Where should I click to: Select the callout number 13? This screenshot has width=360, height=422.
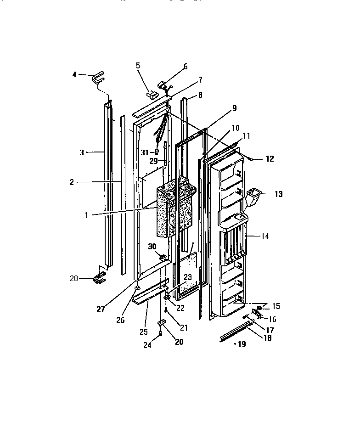pyautogui.click(x=279, y=194)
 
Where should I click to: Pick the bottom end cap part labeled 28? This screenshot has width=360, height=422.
pyautogui.click(x=99, y=277)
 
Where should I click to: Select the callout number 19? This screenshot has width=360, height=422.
pyautogui.click(x=241, y=344)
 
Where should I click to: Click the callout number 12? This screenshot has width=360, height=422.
pyautogui.click(x=270, y=159)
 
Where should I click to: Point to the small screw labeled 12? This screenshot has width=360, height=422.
pyautogui.click(x=252, y=158)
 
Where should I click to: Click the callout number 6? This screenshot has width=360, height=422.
pyautogui.click(x=186, y=67)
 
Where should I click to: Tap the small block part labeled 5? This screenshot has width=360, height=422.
pyautogui.click(x=152, y=95)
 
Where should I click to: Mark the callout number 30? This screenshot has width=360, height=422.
pyautogui.click(x=152, y=246)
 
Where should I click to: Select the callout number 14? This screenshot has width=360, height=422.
pyautogui.click(x=265, y=236)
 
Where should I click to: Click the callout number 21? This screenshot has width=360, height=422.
pyautogui.click(x=184, y=327)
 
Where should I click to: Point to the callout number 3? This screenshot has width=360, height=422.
pyautogui.click(x=82, y=152)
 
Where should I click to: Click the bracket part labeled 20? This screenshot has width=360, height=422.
pyautogui.click(x=161, y=323)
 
